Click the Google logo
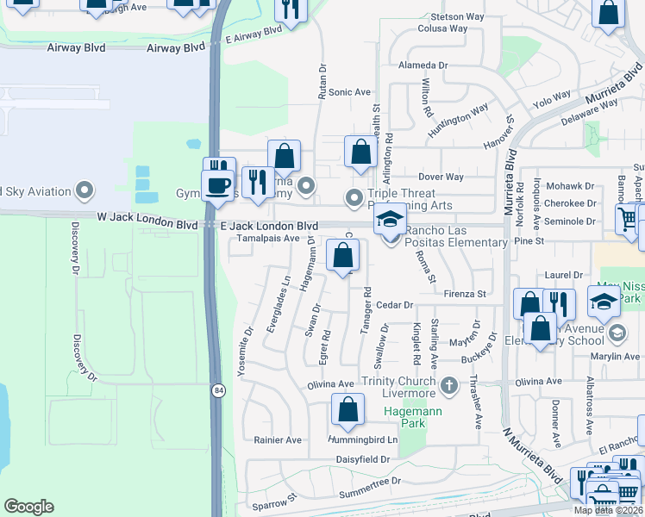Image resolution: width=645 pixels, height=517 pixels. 28,507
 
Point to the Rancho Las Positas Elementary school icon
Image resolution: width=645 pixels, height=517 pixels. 390,220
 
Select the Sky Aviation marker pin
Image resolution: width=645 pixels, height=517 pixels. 85,190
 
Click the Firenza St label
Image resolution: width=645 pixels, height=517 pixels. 466,294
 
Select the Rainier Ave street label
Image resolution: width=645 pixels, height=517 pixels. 278,439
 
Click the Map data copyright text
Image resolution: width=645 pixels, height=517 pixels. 609,510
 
